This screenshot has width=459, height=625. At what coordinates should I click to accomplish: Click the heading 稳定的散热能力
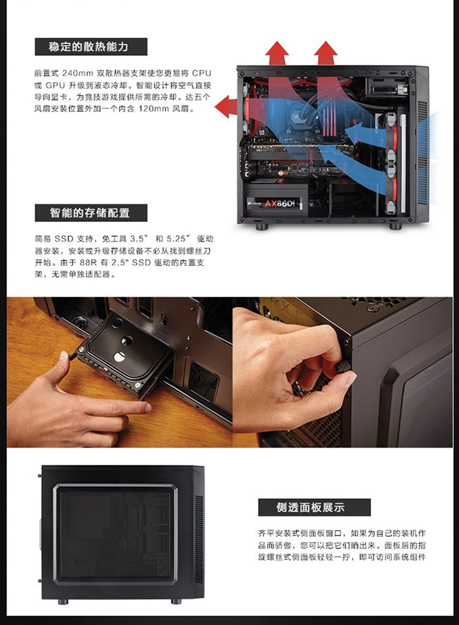pyautogui.click(x=89, y=46)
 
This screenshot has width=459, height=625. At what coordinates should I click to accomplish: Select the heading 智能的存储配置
pyautogui.click(x=90, y=212)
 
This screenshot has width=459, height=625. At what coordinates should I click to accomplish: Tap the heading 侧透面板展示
pyautogui.click(x=310, y=507)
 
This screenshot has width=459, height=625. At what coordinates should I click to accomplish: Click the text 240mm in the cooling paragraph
pyautogui.click(x=78, y=73)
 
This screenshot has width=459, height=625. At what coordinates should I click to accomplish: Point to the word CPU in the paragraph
pyautogui.click(x=201, y=73)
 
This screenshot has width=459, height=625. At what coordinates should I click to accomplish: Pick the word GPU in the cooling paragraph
pyautogui.click(x=55, y=85)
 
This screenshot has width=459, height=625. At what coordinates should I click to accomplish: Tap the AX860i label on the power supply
pyautogui.click(x=279, y=204)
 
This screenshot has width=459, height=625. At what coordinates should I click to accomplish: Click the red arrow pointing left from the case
pyautogui.click(x=227, y=106)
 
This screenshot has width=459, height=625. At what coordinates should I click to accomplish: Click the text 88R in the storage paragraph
pyautogui.click(x=88, y=263)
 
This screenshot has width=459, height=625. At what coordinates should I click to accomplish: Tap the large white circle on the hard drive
pyautogui.click(x=119, y=357)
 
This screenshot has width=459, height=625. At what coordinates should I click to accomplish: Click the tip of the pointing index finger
pyautogui.click(x=147, y=407)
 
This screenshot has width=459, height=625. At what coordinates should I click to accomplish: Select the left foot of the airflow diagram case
pyautogui.click(x=261, y=227)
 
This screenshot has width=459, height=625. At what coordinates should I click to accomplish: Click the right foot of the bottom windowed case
pyautogui.click(x=176, y=601)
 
